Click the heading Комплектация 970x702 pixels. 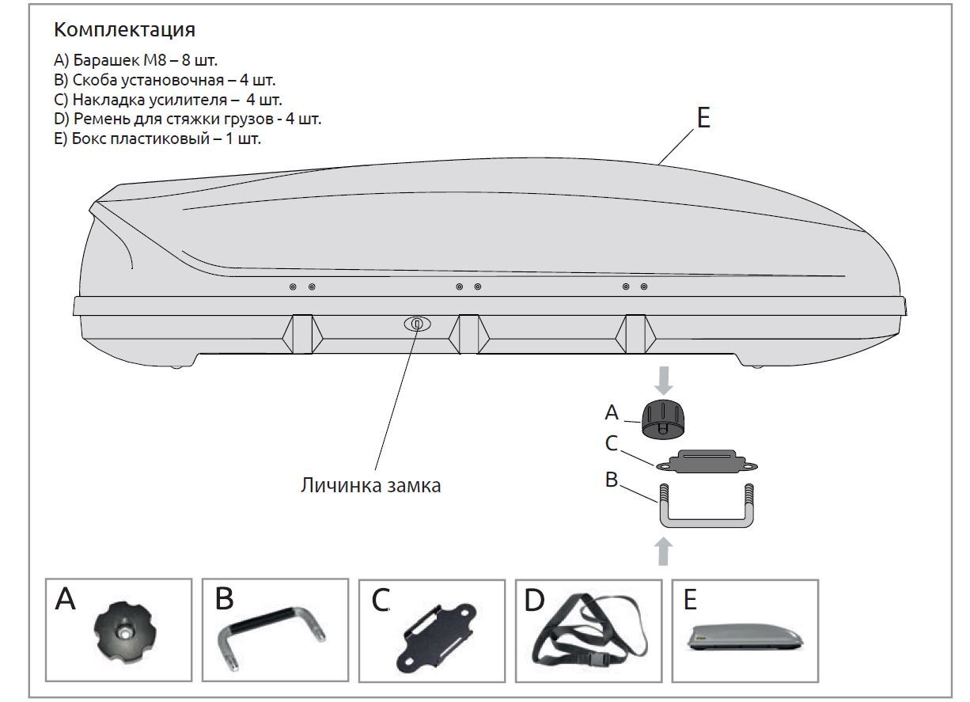[124, 30]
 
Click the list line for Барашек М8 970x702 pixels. [135, 60]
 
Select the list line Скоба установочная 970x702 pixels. [165, 80]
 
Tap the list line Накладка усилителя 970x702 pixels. [168, 100]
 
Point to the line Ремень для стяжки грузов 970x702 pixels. [188, 120]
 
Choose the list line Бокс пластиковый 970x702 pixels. [157, 139]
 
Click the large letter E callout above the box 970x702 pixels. [703, 117]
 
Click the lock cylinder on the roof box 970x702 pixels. [417, 324]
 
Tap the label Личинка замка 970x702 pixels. [370, 485]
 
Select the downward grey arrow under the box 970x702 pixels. [665, 380]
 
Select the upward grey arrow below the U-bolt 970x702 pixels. [665, 552]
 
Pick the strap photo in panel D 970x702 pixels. [589, 633]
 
